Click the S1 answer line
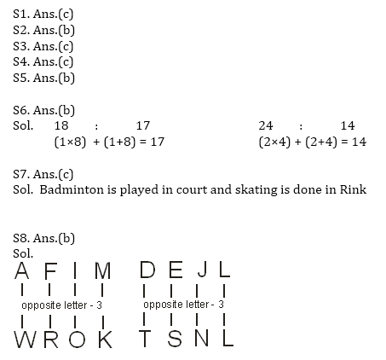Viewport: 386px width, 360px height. tap(43, 14)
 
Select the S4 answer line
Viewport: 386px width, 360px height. tap(43, 61)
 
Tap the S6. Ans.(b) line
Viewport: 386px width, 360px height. tap(43, 110)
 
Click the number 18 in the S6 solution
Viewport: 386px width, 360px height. tap(61, 125)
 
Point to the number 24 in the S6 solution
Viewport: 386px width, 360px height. tap(266, 125)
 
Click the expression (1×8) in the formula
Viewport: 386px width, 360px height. tap(70, 142)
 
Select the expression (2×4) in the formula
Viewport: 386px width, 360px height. tap(274, 142)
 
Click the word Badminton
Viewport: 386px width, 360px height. tap(72, 189)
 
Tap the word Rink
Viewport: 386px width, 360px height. tap(353, 189)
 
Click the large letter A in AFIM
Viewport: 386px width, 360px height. tap(22, 270)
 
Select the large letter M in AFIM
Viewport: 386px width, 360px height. tap(102, 270)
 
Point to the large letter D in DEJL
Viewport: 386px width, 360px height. tap(147, 270)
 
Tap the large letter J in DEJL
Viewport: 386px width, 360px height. tap(203, 270)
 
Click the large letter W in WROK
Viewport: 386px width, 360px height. tap(25, 340)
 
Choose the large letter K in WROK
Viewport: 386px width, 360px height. tap(106, 340)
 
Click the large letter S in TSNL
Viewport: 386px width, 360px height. tap(175, 338)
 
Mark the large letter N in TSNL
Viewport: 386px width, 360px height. tap(202, 338)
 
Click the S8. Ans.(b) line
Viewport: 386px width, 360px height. tap(43, 238)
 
